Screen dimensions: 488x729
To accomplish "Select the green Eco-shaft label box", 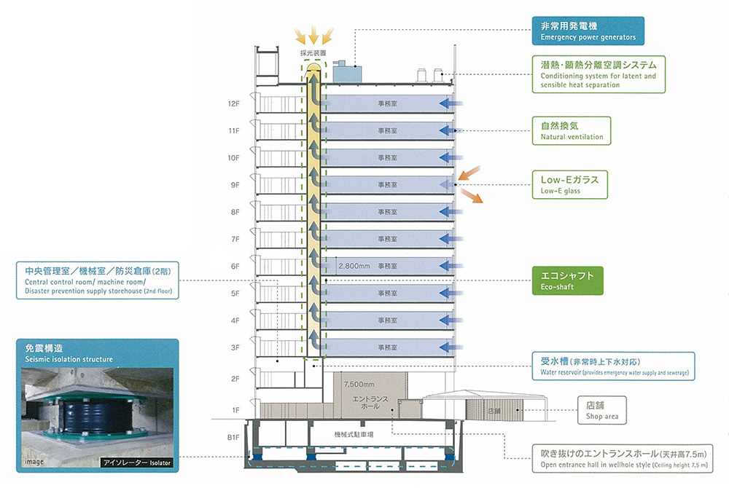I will click(567, 281).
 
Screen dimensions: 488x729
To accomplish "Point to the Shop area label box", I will click(601, 410).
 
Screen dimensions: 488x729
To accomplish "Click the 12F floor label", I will click(234, 103).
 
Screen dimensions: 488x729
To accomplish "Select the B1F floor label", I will click(233, 437).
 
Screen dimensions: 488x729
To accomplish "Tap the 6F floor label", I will click(235, 267).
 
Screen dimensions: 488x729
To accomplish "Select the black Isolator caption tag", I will click(137, 462).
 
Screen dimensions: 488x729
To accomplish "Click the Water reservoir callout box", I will click(612, 366).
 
